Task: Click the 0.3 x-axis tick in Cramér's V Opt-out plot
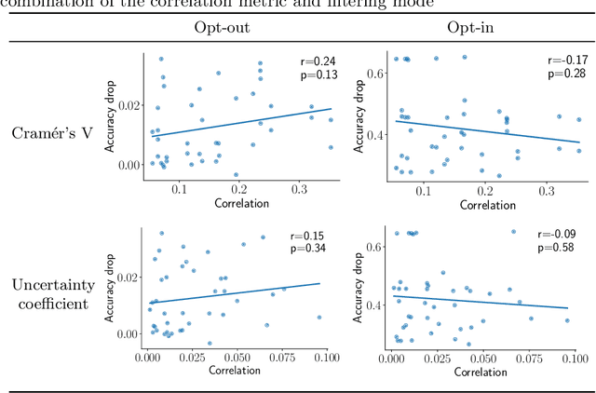300,189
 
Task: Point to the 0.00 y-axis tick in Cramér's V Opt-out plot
129,165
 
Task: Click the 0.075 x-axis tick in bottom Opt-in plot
527,356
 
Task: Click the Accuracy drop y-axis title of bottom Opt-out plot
110,284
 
